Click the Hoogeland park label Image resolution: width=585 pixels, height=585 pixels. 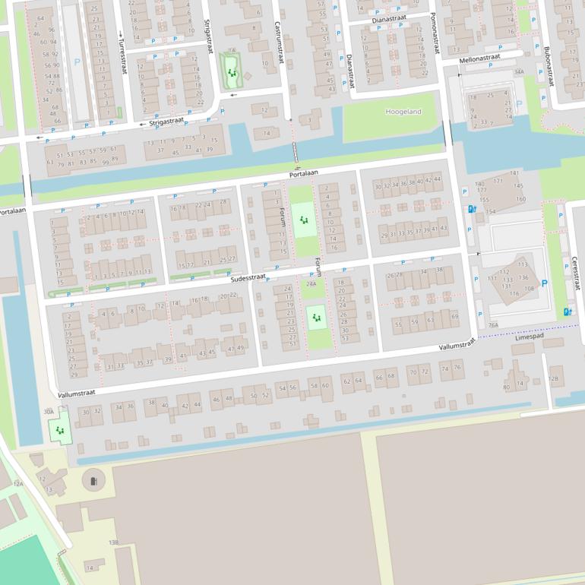[403, 112]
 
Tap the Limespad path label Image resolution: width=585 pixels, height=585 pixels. [530, 336]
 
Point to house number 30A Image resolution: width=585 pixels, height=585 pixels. [49, 411]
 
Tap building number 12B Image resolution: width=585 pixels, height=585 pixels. [553, 378]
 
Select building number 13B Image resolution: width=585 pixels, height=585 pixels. [113, 542]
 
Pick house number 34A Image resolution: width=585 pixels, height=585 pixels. [519, 72]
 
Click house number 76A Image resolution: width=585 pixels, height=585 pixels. [494, 325]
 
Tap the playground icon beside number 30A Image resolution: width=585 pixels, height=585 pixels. [59, 431]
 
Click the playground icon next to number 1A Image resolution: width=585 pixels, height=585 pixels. [232, 74]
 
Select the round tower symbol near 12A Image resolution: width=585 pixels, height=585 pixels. [93, 479]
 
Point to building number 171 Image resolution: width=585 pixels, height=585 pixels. [498, 181]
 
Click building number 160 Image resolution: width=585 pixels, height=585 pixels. [520, 199]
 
